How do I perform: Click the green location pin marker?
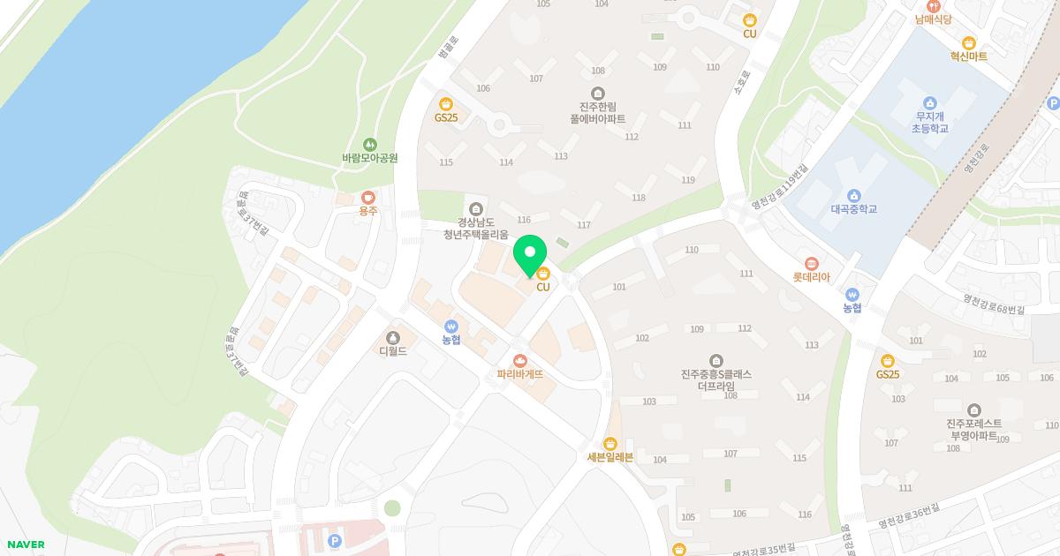[530, 253]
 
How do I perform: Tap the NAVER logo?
[25, 545]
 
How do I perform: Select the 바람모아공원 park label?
[369, 158]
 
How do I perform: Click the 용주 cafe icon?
[367, 199]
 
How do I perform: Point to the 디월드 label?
[393, 350]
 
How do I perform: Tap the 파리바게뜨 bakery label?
[519, 373]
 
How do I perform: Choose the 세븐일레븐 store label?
[610, 456]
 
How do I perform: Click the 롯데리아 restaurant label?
[811, 276]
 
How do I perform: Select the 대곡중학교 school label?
[853, 209]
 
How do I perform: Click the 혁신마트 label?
[968, 56]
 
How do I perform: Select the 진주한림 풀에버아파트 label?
[598, 112]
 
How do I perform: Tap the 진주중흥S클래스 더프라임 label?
[716, 379]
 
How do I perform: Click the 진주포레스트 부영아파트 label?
[973, 429]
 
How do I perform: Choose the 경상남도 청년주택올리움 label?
[476, 228]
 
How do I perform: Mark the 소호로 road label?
[740, 84]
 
